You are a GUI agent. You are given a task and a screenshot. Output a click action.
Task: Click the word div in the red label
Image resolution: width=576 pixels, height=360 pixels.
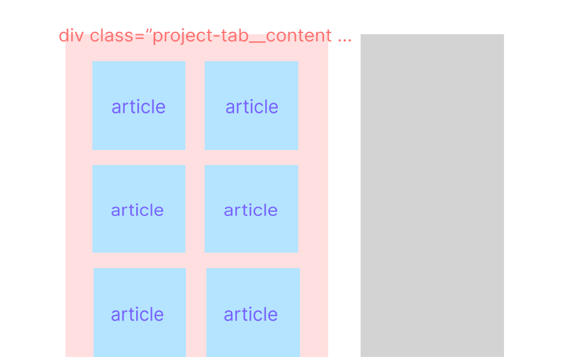(71, 35)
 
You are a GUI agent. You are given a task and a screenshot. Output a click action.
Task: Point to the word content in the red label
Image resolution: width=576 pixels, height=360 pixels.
(299, 35)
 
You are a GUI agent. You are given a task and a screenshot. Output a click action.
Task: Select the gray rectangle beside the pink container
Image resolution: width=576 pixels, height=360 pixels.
(432, 196)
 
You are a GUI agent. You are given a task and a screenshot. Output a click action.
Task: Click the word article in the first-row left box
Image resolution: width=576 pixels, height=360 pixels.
(139, 107)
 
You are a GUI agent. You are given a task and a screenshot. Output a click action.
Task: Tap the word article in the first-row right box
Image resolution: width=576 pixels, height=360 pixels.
(251, 107)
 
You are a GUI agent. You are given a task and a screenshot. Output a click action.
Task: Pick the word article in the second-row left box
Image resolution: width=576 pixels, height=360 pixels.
(137, 210)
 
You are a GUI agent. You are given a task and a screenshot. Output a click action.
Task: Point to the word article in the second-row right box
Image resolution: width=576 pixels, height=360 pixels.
(251, 210)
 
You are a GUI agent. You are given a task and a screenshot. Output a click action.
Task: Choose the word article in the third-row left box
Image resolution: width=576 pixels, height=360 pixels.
(137, 314)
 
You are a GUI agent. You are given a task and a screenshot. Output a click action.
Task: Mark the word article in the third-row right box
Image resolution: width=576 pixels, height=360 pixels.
(251, 314)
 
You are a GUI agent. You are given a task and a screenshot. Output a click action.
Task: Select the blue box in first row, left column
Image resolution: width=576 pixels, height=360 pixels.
(139, 106)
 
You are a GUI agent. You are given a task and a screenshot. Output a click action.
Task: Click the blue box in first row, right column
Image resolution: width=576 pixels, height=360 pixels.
(251, 106)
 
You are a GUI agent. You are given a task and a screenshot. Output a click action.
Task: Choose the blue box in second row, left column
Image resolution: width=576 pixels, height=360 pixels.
(139, 209)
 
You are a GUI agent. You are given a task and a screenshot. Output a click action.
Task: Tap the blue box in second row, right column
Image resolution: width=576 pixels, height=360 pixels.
(251, 209)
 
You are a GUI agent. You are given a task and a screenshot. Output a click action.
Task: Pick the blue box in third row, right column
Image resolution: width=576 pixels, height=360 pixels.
(253, 313)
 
